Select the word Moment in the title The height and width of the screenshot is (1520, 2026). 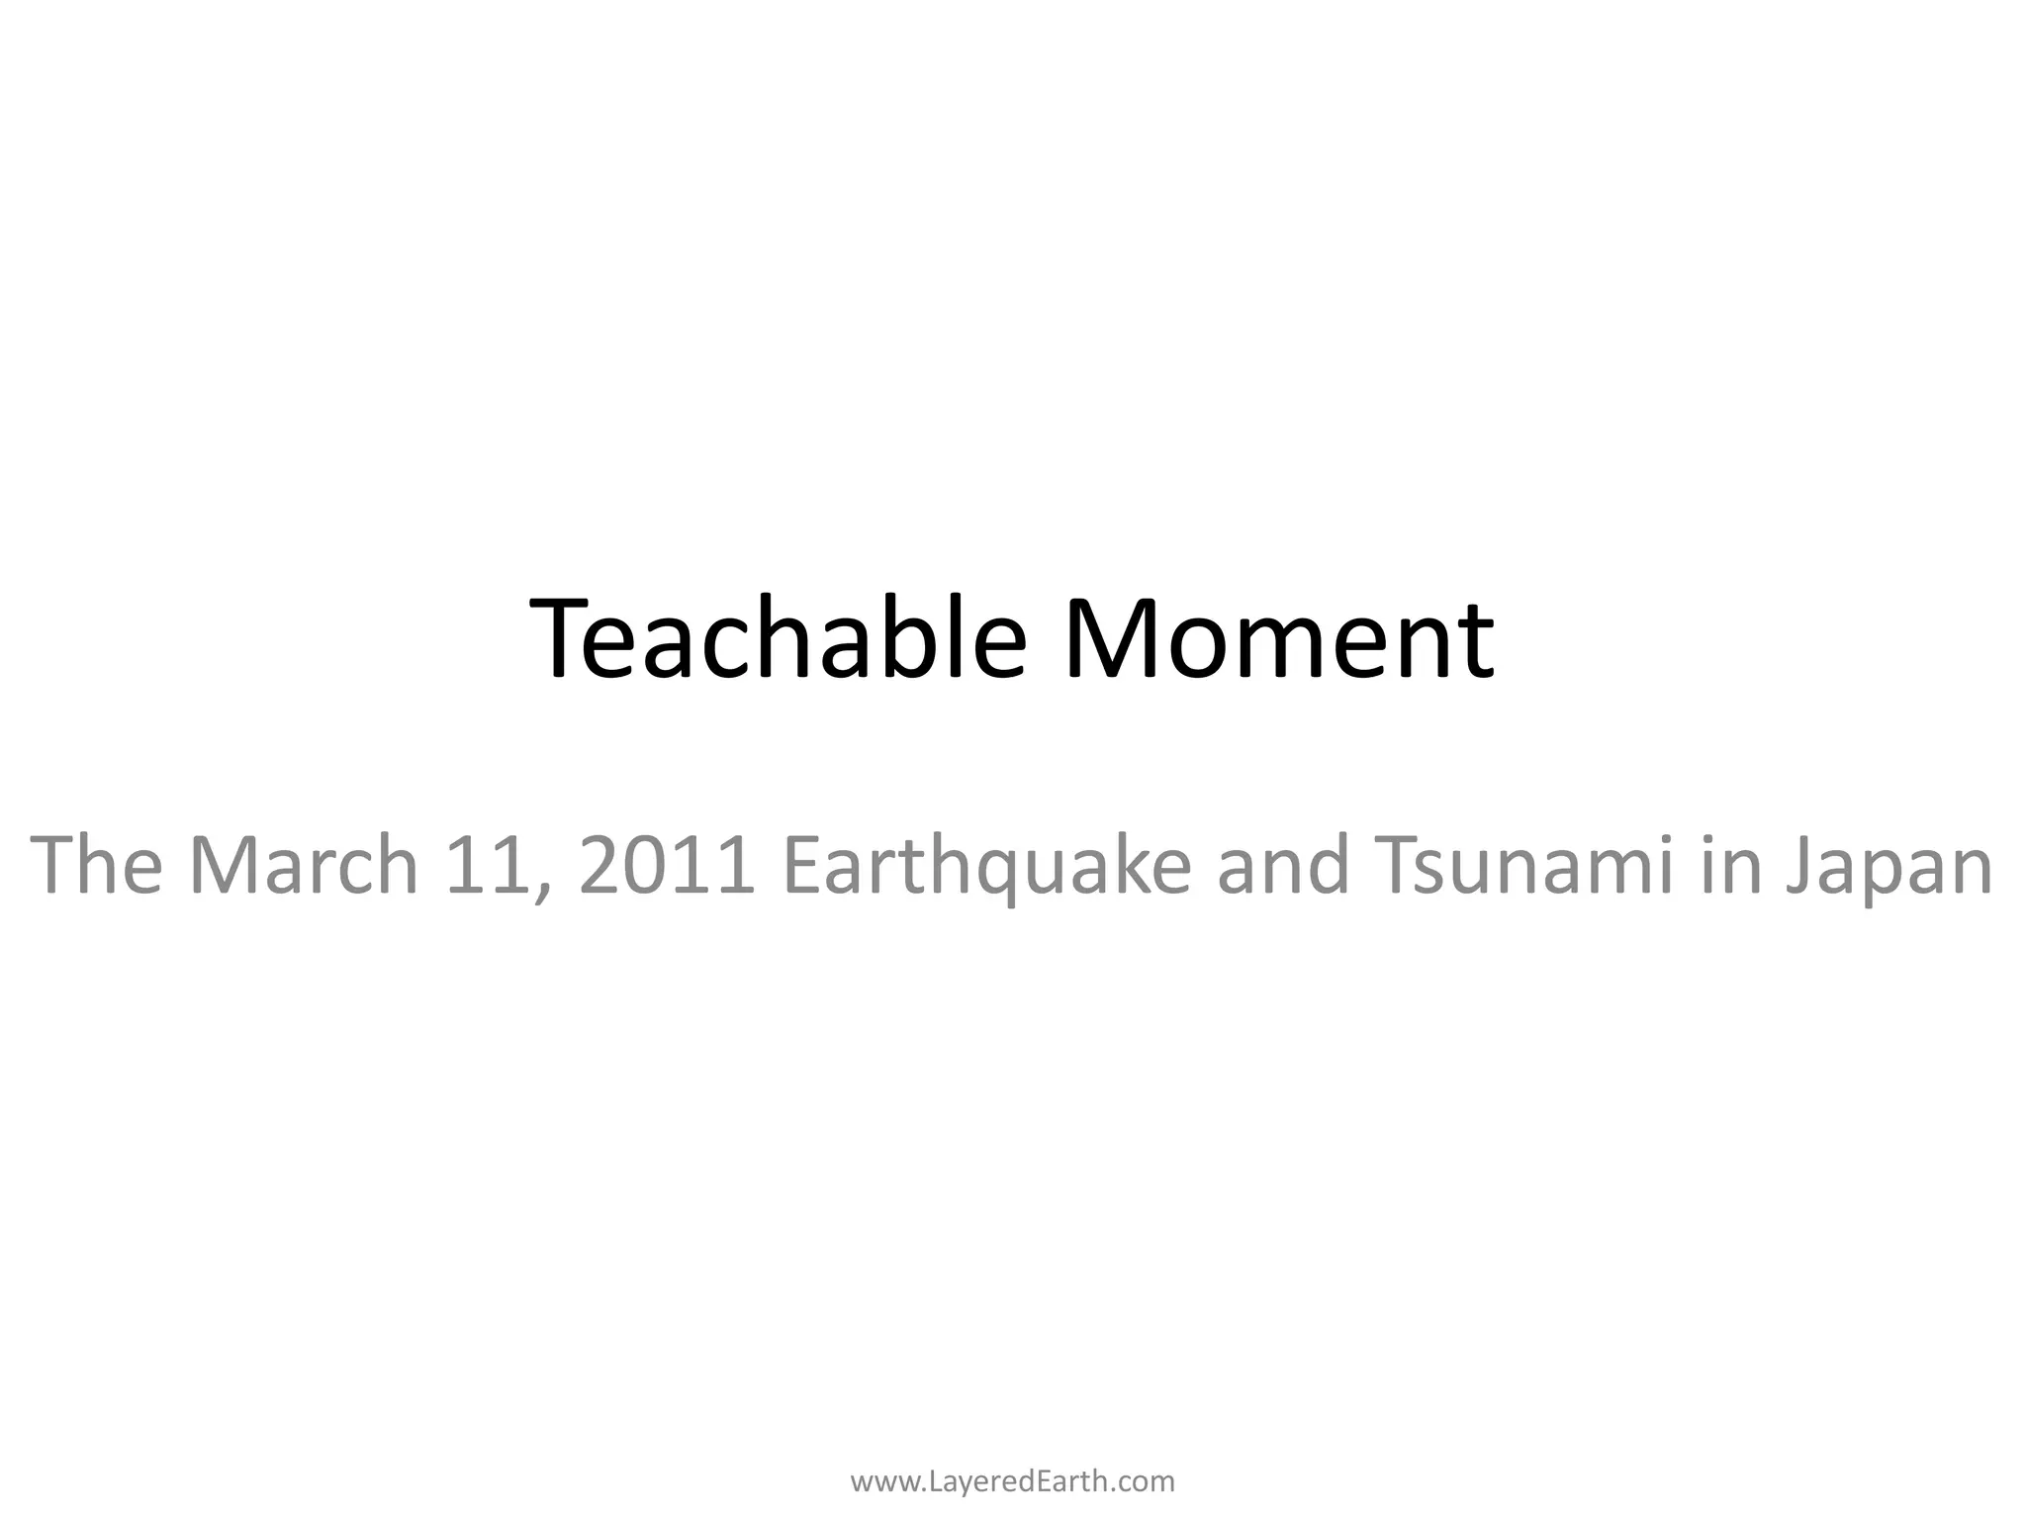tap(1278, 638)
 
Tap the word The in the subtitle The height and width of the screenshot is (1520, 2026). tap(96, 865)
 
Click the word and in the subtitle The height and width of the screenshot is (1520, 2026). tap(1283, 865)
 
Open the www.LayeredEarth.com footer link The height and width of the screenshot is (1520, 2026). tap(1013, 1481)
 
